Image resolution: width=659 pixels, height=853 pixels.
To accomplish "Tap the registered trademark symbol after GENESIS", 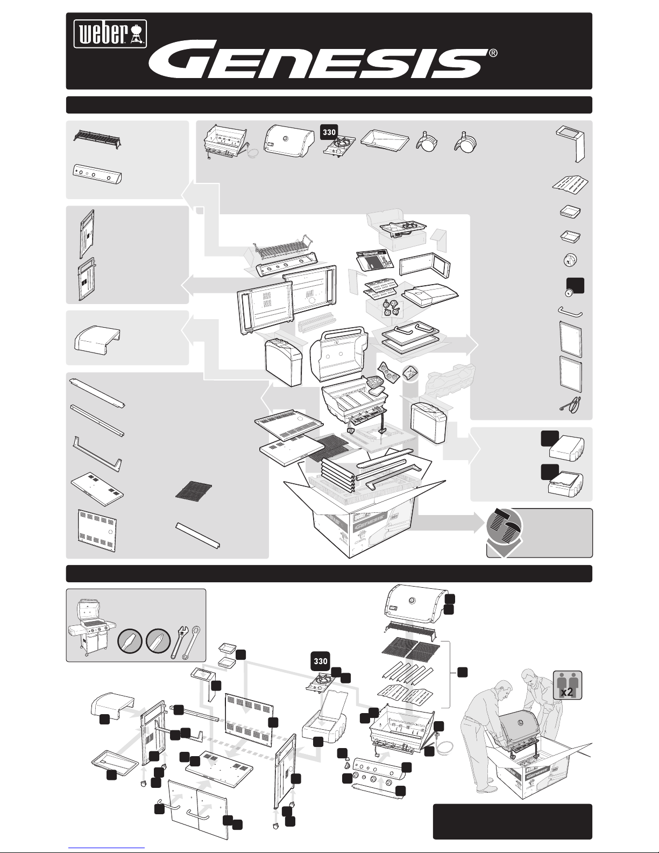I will (493, 54).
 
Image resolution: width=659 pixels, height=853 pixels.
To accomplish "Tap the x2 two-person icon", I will (566, 685).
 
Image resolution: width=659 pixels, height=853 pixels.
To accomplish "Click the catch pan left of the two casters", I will (384, 143).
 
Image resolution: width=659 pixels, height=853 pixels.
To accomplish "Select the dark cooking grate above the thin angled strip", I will (194, 490).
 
